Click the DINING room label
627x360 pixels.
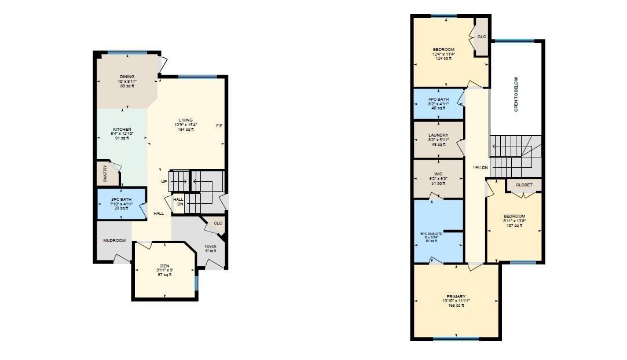[x=127, y=77]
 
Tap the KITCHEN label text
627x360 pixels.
[x=122, y=130]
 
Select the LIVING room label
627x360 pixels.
[x=185, y=120]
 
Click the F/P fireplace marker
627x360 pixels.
[x=219, y=126]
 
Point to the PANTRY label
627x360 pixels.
[x=105, y=174]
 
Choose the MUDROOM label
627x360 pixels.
[x=115, y=241]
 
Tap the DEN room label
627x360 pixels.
[x=165, y=266]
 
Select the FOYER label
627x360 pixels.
[x=210, y=247]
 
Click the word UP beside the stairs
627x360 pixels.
[x=164, y=182]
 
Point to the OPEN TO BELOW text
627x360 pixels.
[x=516, y=94]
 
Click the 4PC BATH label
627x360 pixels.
[x=438, y=100]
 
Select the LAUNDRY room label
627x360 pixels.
[x=438, y=135]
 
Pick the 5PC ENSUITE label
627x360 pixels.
[x=431, y=234]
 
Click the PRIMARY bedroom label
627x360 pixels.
[x=456, y=297]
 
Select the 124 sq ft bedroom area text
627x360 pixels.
[x=444, y=58]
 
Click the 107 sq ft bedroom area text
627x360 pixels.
[x=514, y=226]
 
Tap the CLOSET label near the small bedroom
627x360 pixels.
[x=524, y=185]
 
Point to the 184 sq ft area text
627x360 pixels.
[x=185, y=130]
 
